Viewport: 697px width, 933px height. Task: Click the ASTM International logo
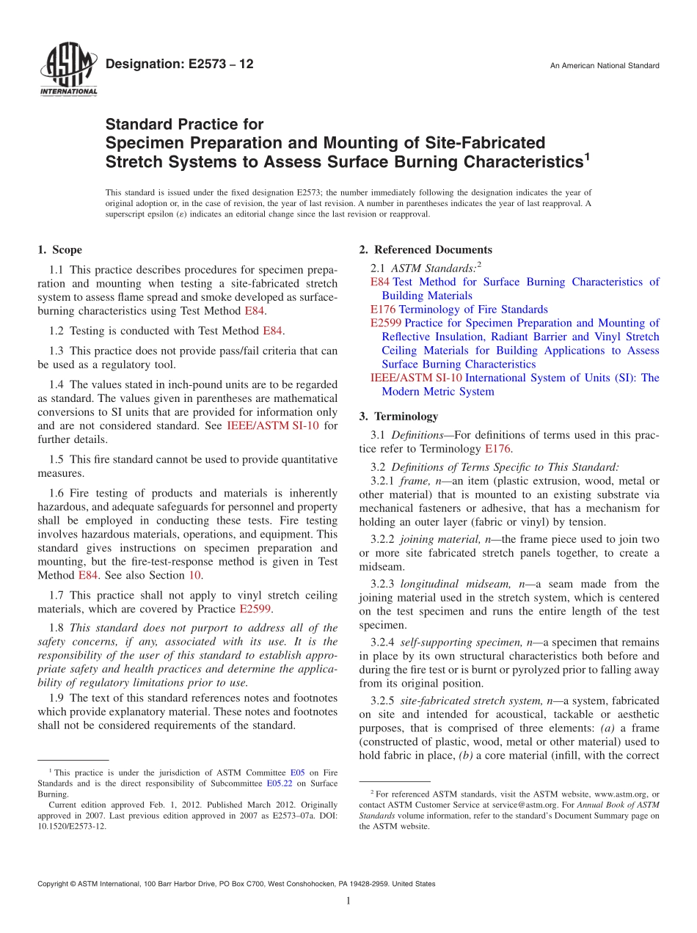[x=67, y=70]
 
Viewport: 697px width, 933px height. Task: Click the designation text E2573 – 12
[x=180, y=64]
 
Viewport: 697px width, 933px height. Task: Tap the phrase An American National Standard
[x=605, y=66]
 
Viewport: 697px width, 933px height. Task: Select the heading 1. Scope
[x=60, y=250]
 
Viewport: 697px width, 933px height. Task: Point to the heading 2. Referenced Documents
[x=426, y=250]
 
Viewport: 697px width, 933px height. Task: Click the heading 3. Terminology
[x=398, y=417]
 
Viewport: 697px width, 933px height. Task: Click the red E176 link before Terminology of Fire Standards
[x=383, y=310]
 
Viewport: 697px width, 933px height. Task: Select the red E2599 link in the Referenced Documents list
[x=386, y=323]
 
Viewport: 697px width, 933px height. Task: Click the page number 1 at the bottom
[x=348, y=901]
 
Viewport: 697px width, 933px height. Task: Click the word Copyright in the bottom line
[x=55, y=884]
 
